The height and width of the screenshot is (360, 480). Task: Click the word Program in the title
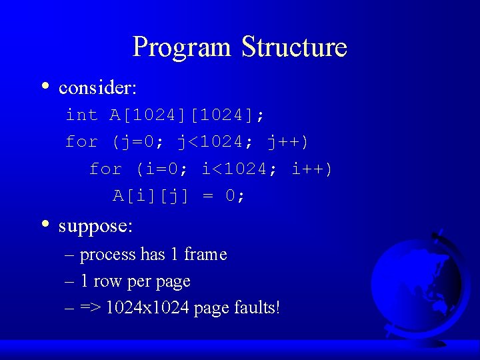click(x=182, y=47)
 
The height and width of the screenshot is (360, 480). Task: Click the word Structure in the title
click(x=294, y=47)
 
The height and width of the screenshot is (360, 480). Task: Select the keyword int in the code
click(x=81, y=115)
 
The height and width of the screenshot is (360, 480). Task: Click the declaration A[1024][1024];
click(x=187, y=115)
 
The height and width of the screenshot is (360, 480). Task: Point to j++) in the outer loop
click(x=287, y=142)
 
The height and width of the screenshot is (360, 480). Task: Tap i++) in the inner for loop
click(x=311, y=169)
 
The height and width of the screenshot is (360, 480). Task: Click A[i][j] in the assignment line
click(x=151, y=196)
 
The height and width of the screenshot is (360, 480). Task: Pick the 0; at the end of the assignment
click(x=234, y=196)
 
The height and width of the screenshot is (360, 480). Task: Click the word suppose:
click(x=96, y=226)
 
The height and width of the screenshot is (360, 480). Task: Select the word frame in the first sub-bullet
click(x=205, y=255)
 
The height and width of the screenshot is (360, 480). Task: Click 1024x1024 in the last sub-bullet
click(x=147, y=308)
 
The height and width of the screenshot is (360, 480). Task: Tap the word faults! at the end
click(x=257, y=308)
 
